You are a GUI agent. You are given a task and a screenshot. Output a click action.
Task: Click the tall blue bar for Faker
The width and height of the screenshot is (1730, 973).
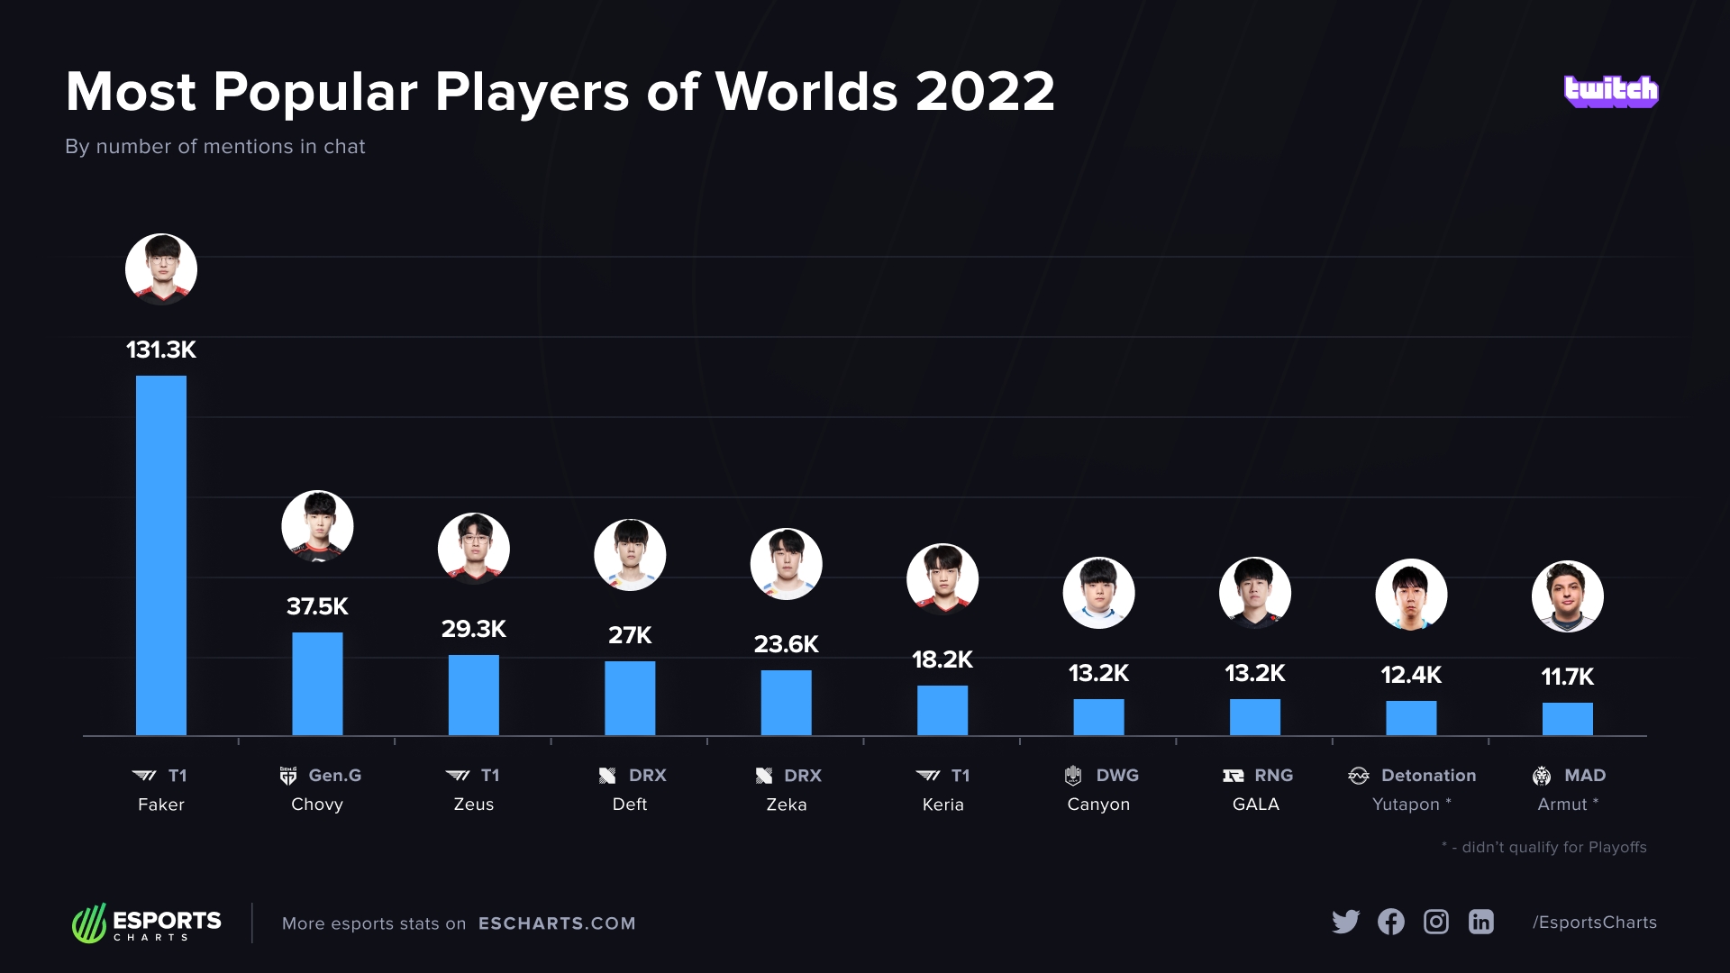pyautogui.click(x=161, y=555)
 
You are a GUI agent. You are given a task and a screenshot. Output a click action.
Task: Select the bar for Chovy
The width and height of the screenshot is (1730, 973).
pyautogui.click(x=317, y=684)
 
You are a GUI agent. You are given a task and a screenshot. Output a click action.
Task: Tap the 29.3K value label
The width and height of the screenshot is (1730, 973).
pyautogui.click(x=474, y=629)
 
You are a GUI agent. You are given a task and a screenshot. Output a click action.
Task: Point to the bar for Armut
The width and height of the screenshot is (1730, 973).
pyautogui.click(x=1567, y=719)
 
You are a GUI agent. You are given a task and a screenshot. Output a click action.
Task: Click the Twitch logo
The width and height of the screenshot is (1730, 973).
pyautogui.click(x=1611, y=91)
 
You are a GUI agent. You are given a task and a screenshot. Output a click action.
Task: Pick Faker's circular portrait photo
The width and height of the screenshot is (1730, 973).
pyautogui.click(x=161, y=269)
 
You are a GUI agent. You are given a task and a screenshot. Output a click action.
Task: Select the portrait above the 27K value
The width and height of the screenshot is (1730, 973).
pyautogui.click(x=630, y=555)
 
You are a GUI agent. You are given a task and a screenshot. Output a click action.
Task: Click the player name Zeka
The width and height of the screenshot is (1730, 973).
pyautogui.click(x=787, y=805)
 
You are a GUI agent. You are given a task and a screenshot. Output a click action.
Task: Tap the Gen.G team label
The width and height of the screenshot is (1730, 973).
pyautogui.click(x=322, y=776)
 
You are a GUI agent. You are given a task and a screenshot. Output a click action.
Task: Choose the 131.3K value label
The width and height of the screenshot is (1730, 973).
pyautogui.click(x=161, y=350)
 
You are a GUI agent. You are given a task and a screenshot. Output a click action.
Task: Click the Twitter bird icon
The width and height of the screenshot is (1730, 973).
pyautogui.click(x=1345, y=922)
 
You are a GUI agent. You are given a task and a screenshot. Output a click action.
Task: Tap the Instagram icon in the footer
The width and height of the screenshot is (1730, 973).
pyautogui.click(x=1436, y=922)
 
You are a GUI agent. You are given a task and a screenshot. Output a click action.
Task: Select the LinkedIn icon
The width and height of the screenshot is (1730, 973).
pyautogui.click(x=1481, y=922)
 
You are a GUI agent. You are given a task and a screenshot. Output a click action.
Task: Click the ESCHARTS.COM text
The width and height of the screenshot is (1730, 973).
pyautogui.click(x=557, y=923)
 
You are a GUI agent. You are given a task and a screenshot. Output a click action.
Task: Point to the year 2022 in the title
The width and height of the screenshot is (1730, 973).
pyautogui.click(x=985, y=92)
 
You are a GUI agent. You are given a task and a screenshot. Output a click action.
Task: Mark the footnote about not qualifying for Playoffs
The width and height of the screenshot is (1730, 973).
pyautogui.click(x=1544, y=847)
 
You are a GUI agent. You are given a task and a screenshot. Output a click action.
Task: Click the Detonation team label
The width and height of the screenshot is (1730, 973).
pyautogui.click(x=1413, y=776)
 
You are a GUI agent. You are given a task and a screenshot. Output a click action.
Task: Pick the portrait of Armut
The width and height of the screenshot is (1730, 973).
pyautogui.click(x=1568, y=596)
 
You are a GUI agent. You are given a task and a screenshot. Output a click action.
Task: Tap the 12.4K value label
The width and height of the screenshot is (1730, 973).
pyautogui.click(x=1411, y=675)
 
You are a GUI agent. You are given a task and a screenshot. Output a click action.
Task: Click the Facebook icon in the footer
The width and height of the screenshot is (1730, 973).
pyautogui.click(x=1391, y=922)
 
